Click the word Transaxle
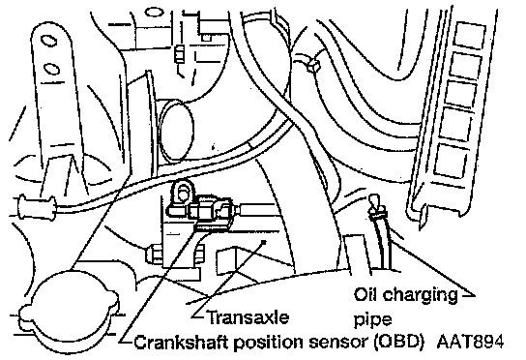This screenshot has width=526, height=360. pos(248,317)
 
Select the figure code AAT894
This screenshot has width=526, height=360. pos(471,342)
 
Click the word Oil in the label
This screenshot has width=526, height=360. pos(366,294)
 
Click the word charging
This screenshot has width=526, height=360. pos(421,296)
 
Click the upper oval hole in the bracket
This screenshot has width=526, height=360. pos(49,41)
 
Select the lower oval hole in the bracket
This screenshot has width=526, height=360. pos(52,69)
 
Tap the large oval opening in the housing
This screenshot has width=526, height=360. pos(177,131)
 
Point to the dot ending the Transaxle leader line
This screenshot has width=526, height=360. pos(264,242)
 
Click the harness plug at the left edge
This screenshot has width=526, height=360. pos(36,207)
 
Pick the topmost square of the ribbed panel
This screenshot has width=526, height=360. pos(469,36)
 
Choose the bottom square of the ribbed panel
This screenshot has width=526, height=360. pos(451,161)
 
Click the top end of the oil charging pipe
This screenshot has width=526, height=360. pos(373,198)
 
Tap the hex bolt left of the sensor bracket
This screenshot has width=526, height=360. pos(153,255)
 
